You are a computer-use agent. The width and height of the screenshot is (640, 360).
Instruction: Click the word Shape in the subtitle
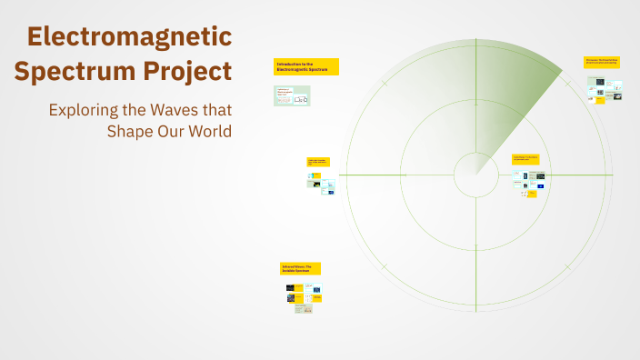click(134, 131)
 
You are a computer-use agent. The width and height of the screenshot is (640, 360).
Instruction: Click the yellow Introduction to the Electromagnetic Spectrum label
click(306, 66)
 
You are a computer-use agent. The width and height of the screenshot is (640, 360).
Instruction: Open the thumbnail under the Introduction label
click(292, 95)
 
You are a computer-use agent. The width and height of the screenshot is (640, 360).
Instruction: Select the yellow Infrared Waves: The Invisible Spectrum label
click(301, 268)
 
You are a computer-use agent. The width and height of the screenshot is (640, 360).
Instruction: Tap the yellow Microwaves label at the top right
click(602, 62)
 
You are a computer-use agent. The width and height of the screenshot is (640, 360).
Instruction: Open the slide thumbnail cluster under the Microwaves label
click(604, 89)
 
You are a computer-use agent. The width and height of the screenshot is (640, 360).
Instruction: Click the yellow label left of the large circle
click(318, 162)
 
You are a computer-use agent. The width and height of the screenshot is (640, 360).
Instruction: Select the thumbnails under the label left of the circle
click(321, 183)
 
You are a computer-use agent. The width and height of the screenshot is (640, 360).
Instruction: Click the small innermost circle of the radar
click(475, 175)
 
